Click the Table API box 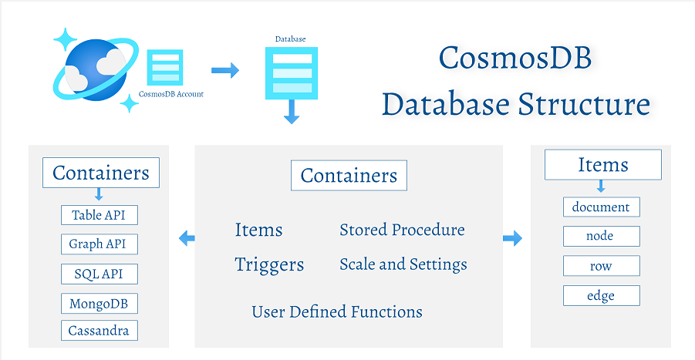pyautogui.click(x=99, y=215)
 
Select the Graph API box pyautogui.click(x=99, y=244)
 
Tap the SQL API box pyautogui.click(x=99, y=274)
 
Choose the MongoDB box pyautogui.click(x=99, y=303)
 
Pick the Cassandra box pyautogui.click(x=99, y=331)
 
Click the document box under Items pyautogui.click(x=602, y=207)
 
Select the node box pyautogui.click(x=602, y=236)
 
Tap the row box pyautogui.click(x=602, y=266)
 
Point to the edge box pyautogui.click(x=602, y=295)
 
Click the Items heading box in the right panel pyautogui.click(x=602, y=165)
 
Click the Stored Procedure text pyautogui.click(x=402, y=230)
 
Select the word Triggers pyautogui.click(x=269, y=264)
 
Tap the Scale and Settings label pyautogui.click(x=403, y=264)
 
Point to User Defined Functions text pyautogui.click(x=337, y=312)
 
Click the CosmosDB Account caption pyautogui.click(x=171, y=94)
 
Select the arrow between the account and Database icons pyautogui.click(x=225, y=71)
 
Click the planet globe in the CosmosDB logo pyautogui.click(x=89, y=67)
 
